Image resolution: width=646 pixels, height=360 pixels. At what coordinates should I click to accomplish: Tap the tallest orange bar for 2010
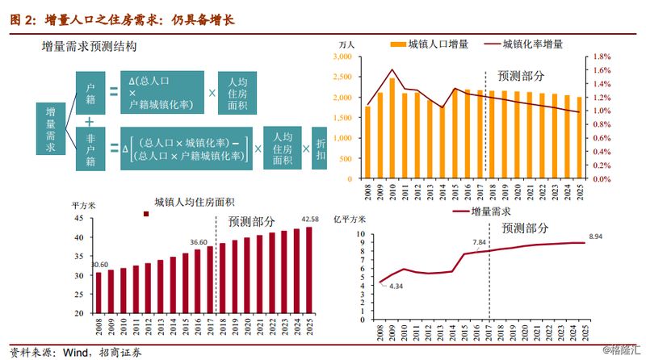pyautogui.click(x=392, y=128)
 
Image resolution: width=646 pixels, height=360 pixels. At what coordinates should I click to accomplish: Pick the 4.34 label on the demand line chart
pyautogui.click(x=395, y=286)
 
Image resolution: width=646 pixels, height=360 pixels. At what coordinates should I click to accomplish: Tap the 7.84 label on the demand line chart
pyautogui.click(x=480, y=242)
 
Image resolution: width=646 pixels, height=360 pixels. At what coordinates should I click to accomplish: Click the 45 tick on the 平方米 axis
pyautogui.click(x=78, y=218)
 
